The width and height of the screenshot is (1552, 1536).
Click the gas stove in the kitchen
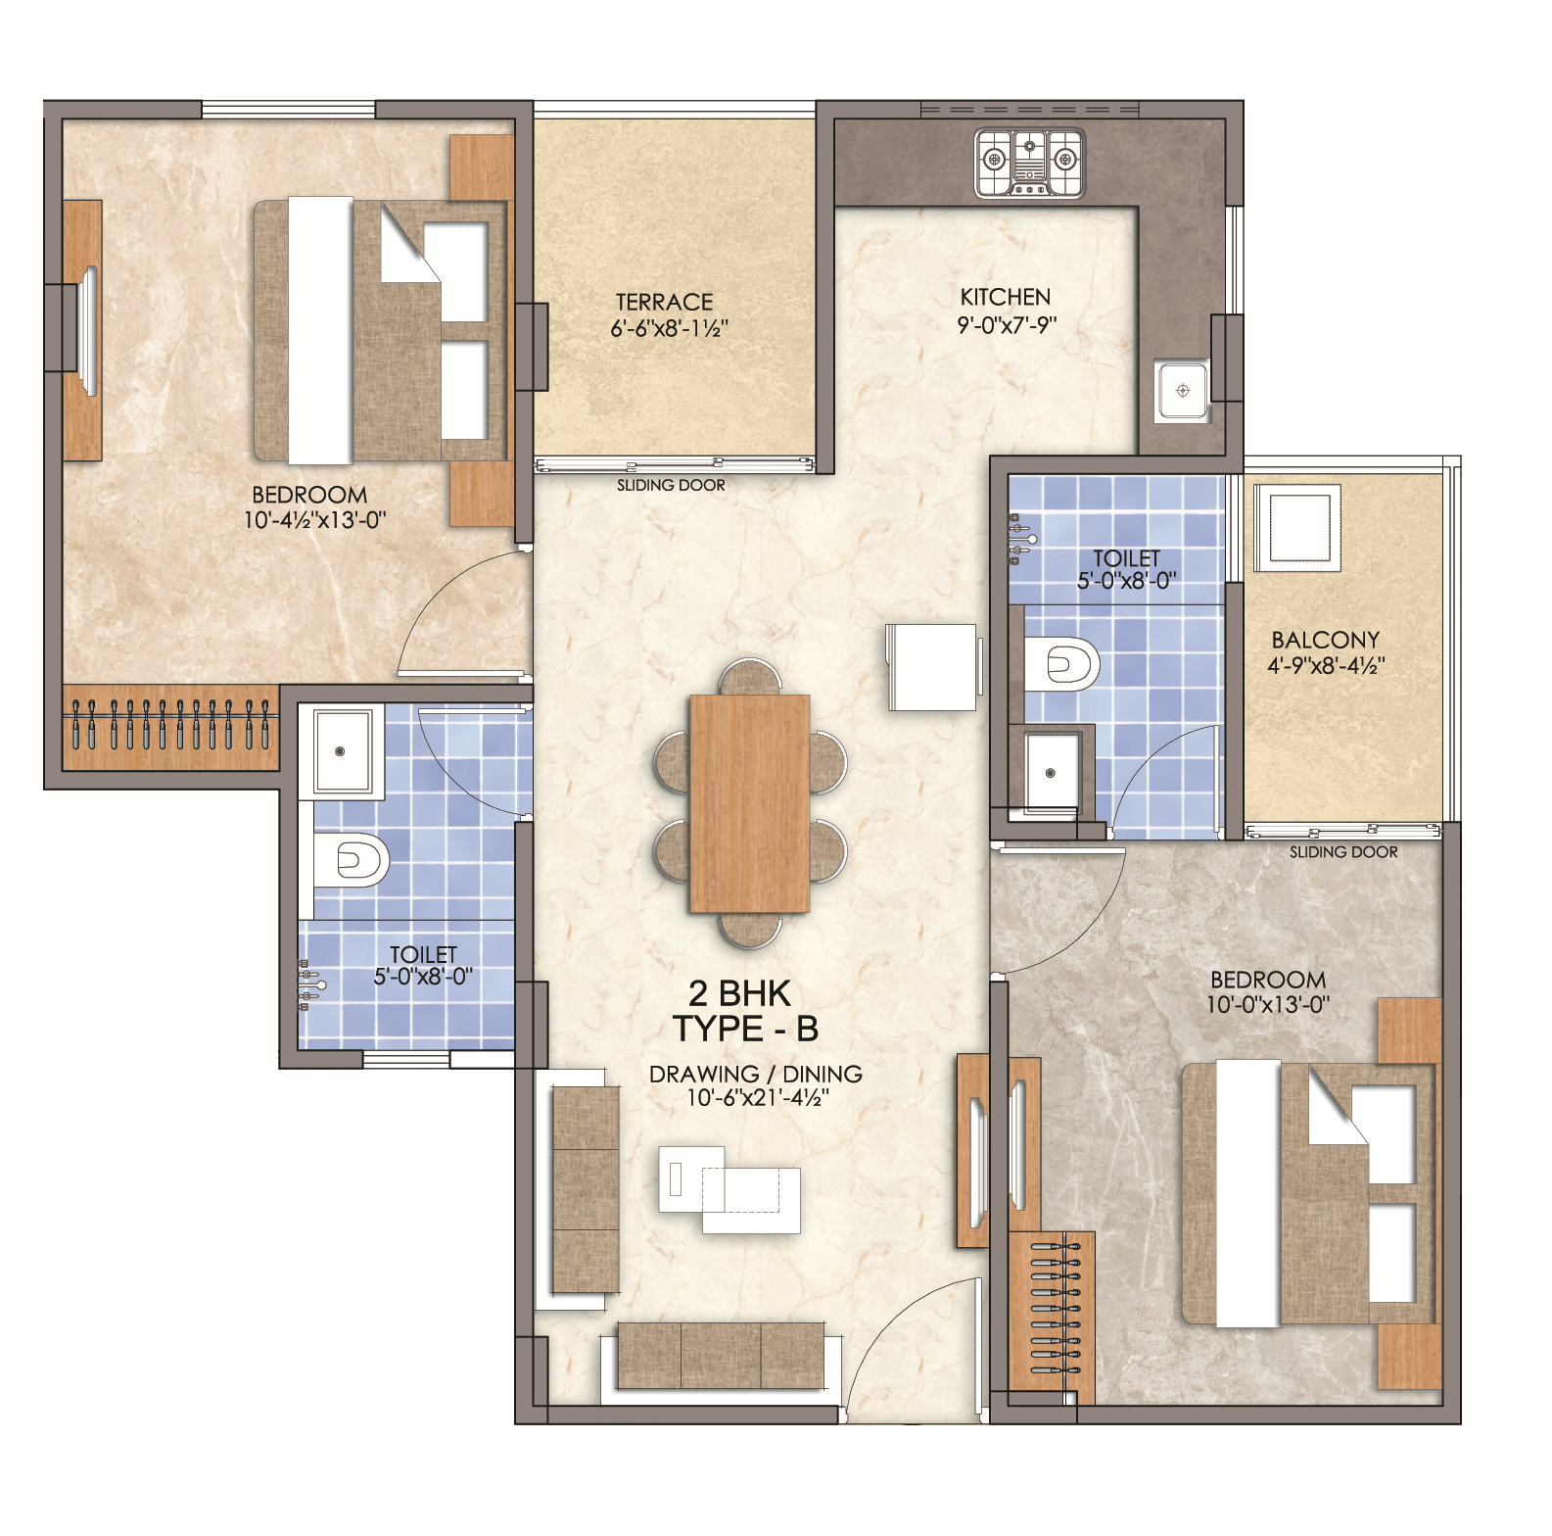click(x=1029, y=163)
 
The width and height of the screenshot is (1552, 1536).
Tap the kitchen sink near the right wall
click(x=1182, y=391)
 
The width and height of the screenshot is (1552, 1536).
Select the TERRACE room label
click(x=664, y=302)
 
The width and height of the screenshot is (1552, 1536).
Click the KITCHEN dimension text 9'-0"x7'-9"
click(x=1007, y=324)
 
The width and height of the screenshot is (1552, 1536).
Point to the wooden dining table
click(x=750, y=803)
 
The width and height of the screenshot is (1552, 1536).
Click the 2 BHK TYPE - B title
click(x=745, y=1011)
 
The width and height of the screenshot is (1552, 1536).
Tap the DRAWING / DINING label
click(x=756, y=1074)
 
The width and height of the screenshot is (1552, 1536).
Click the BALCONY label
click(x=1326, y=640)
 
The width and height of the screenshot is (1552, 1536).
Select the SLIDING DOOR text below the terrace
click(x=671, y=485)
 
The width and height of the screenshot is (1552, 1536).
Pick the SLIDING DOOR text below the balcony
click(x=1343, y=852)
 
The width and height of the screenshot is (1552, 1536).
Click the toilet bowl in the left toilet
click(x=352, y=860)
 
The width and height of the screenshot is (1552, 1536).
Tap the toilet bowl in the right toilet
click(x=1062, y=664)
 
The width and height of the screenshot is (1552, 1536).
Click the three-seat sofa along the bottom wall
click(x=720, y=1356)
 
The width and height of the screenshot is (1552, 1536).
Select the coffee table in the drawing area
click(x=729, y=1188)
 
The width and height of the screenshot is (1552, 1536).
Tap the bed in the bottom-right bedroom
click(x=1308, y=1193)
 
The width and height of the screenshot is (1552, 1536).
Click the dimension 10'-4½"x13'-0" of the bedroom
click(x=315, y=519)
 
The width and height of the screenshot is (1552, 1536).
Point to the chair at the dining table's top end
click(x=750, y=677)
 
